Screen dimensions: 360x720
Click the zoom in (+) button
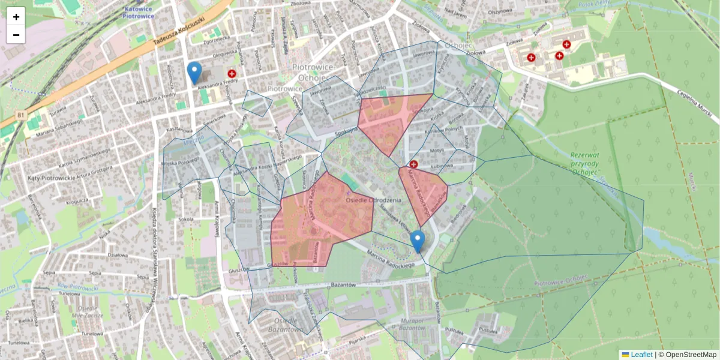16,16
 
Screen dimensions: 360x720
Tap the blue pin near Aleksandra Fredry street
194,72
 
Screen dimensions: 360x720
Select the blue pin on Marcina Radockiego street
418,241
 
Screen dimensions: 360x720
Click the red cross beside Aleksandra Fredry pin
232,73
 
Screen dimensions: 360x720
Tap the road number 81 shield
21,115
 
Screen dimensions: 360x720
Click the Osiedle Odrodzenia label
374,200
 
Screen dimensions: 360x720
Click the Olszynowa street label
499,11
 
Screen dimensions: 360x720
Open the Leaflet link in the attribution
641,355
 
